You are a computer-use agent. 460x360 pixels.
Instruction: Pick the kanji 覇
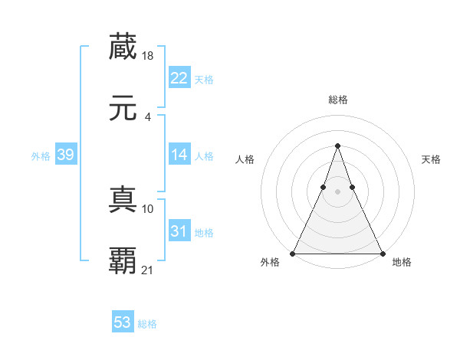click(x=123, y=261)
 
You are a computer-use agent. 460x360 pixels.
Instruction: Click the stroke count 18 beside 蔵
click(x=149, y=55)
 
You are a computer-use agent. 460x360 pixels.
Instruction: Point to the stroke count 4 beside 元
click(x=147, y=116)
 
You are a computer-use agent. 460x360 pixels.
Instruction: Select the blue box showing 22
click(x=179, y=78)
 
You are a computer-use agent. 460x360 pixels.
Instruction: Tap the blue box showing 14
click(x=179, y=155)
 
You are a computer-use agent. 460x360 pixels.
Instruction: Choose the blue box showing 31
click(x=179, y=231)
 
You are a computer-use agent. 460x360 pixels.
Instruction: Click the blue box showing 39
click(x=65, y=155)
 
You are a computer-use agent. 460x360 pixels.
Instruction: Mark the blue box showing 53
click(x=122, y=322)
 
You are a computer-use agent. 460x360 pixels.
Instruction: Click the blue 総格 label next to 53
click(x=147, y=324)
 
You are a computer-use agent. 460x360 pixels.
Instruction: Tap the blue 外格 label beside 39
click(x=41, y=156)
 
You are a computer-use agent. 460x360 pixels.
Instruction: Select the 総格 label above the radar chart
click(x=337, y=100)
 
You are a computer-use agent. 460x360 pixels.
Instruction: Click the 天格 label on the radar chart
click(x=432, y=159)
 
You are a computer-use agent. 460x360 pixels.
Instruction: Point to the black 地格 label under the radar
click(x=402, y=263)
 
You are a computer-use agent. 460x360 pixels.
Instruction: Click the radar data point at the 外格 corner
click(x=293, y=253)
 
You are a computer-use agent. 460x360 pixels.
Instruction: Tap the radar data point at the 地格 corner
click(x=382, y=253)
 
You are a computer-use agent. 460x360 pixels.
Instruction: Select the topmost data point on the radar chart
click(x=337, y=146)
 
